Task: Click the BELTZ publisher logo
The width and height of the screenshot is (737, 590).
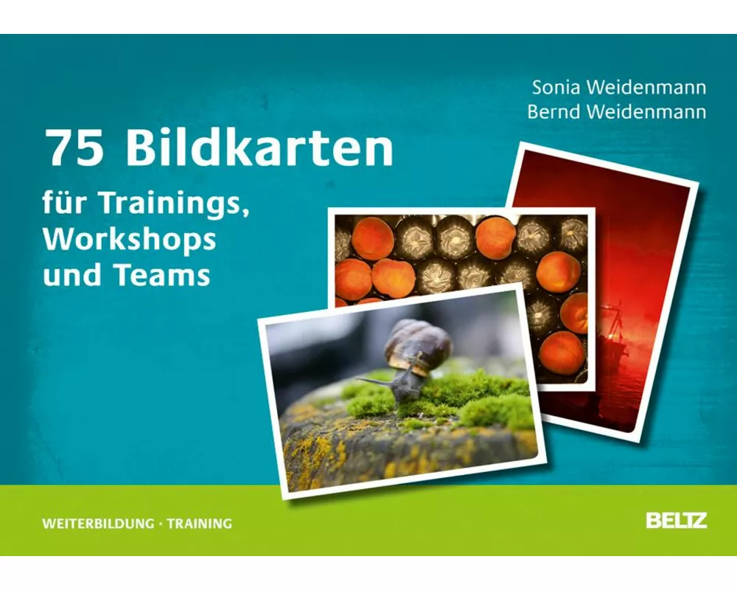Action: [x=676, y=520]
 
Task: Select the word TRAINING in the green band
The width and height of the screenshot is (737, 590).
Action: [x=200, y=524]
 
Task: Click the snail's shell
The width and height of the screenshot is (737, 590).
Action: [x=418, y=344]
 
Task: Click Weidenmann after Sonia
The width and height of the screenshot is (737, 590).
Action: [x=646, y=88]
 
